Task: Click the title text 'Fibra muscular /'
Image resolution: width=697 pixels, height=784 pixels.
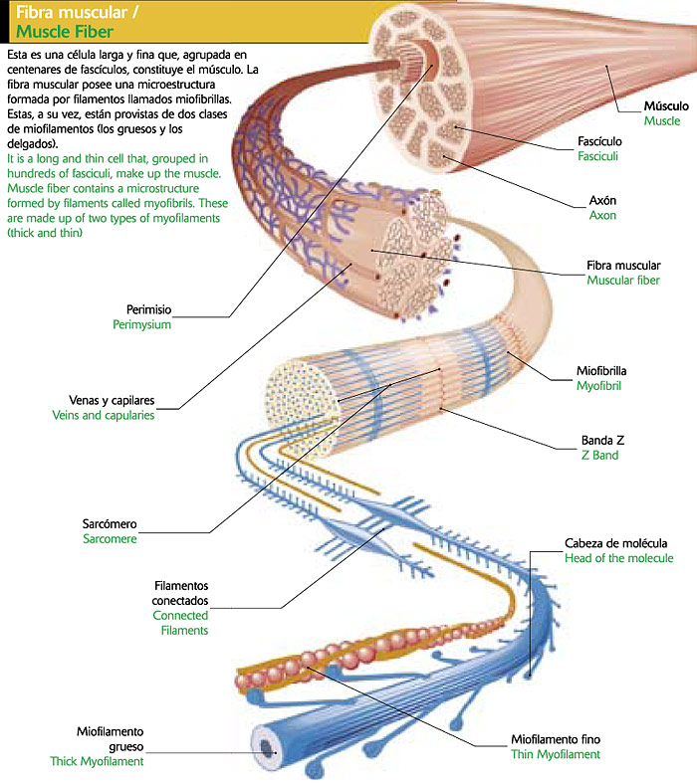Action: [x=69, y=14]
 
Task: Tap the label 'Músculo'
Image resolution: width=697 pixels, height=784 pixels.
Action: [x=665, y=105]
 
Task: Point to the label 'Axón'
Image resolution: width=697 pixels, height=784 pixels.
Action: [x=602, y=200]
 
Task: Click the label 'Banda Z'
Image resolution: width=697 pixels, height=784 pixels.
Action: [x=603, y=440]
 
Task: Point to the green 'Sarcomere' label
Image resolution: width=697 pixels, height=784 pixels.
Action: [x=110, y=538]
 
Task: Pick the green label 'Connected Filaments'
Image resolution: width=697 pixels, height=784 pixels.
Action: [x=180, y=623]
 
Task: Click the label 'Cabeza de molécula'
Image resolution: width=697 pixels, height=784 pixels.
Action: [x=615, y=543]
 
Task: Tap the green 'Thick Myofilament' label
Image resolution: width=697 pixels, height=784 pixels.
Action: [x=98, y=761]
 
